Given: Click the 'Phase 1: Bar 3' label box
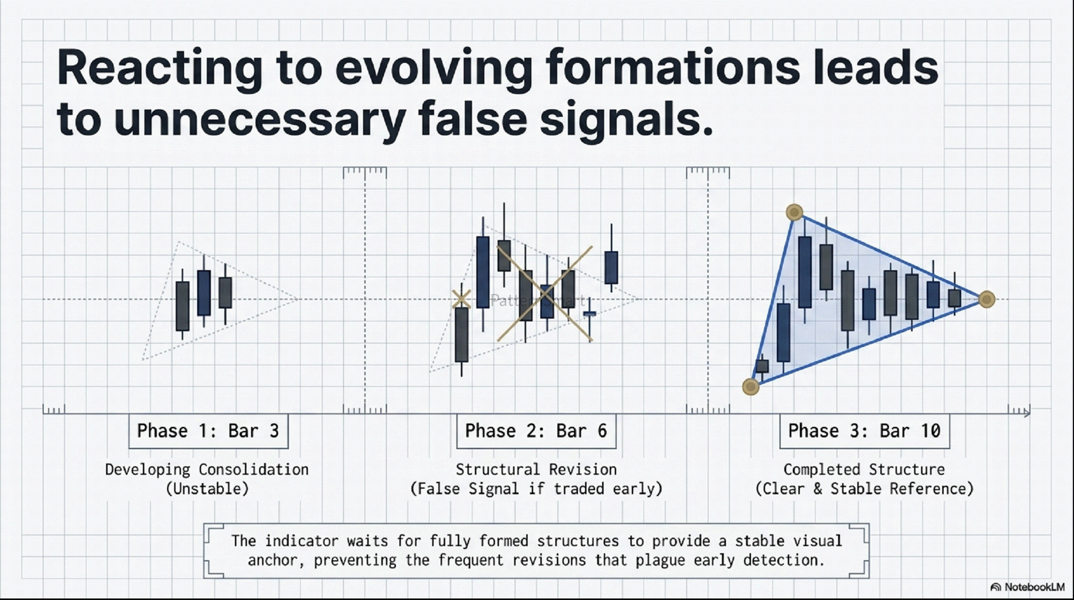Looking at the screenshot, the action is [x=208, y=431].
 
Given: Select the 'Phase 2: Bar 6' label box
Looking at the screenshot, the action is [x=536, y=431].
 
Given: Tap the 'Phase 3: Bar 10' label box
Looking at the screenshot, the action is [x=864, y=431].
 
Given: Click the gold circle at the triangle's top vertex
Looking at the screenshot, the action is [x=794, y=212].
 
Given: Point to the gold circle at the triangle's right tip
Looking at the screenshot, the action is [x=987, y=299].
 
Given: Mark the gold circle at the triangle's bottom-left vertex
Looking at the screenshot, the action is [x=751, y=387].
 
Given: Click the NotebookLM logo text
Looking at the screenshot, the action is [x=1028, y=587].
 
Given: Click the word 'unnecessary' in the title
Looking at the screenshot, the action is [x=260, y=120].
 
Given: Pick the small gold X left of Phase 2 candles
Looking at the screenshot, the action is [x=461, y=298].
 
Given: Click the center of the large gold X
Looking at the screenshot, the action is [x=545, y=293].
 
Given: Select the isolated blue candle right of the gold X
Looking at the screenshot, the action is [x=611, y=262].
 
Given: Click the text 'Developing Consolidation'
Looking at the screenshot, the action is [x=207, y=470].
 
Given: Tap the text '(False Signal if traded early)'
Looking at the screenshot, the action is [x=536, y=489].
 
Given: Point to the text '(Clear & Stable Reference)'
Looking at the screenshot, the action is [x=864, y=489].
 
